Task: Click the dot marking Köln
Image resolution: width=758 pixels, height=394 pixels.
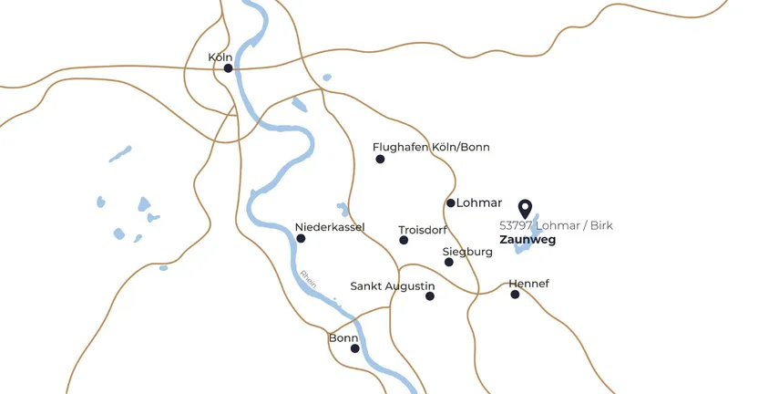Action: [x=228, y=67]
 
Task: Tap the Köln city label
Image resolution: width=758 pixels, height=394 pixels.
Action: [x=220, y=57]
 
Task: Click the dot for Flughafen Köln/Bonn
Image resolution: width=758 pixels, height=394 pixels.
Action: [x=380, y=159]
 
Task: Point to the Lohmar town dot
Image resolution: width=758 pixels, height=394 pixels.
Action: [x=450, y=202]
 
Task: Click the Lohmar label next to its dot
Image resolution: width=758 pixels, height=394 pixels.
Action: [x=479, y=202]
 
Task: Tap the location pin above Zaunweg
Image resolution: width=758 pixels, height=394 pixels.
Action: [x=525, y=209]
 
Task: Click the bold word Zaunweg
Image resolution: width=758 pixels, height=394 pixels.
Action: [x=528, y=241]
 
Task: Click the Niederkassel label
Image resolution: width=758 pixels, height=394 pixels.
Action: [x=330, y=226]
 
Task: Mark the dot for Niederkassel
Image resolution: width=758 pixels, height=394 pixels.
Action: [x=301, y=238]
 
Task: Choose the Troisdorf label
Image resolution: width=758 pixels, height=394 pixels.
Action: [x=423, y=230]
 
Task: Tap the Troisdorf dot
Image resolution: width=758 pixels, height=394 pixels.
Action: [x=404, y=240]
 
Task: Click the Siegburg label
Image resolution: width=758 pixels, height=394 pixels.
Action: [x=467, y=251]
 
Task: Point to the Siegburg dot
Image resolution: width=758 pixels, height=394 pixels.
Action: [x=448, y=262]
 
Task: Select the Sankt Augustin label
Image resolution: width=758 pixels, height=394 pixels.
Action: [x=393, y=285]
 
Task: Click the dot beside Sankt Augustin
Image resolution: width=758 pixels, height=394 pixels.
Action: [x=430, y=295]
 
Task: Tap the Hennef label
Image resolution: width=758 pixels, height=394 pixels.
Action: [x=529, y=283]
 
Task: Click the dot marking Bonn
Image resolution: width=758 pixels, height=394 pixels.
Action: [x=355, y=347]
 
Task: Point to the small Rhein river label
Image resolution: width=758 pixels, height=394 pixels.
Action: [x=308, y=278]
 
